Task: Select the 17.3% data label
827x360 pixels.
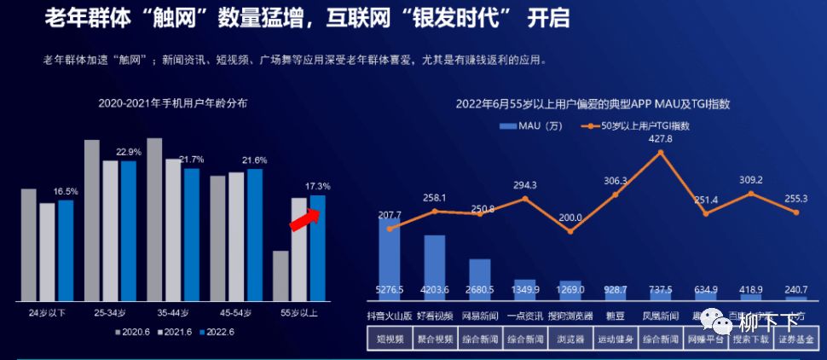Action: click(317, 185)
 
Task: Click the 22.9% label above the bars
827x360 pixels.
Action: click(129, 151)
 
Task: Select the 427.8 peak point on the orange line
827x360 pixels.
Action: click(661, 153)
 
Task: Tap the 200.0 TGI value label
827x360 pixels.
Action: click(570, 218)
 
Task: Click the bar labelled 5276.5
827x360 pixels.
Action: click(390, 256)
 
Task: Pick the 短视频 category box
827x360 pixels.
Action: click(389, 339)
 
